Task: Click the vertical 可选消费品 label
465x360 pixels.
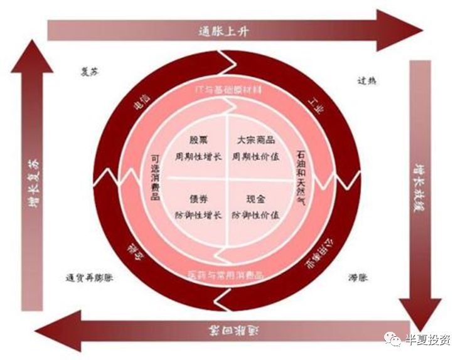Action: click(155, 177)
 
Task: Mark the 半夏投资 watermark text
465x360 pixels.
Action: click(429, 341)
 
